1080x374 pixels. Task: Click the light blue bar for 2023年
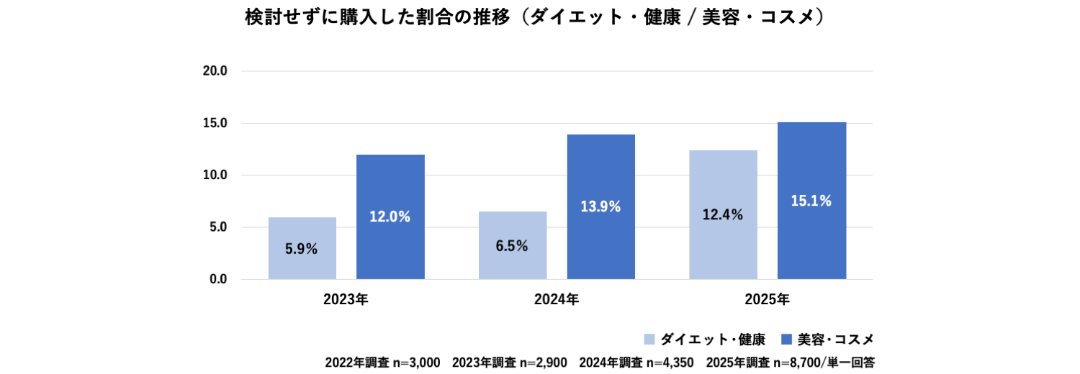click(302, 248)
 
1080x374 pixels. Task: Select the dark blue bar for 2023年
click(390, 216)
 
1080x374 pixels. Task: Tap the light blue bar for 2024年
click(513, 245)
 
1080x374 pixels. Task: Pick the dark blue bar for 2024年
click(600, 206)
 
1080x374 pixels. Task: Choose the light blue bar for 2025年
click(723, 214)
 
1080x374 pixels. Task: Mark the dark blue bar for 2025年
click(811, 201)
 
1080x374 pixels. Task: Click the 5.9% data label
click(301, 250)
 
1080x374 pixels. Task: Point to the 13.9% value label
click(600, 206)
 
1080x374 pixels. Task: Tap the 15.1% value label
click(811, 201)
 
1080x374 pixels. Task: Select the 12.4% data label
click(722, 214)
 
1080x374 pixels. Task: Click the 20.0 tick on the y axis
click(215, 71)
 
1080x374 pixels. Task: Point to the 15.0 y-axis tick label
click(215, 123)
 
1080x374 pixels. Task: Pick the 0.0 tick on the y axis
click(218, 279)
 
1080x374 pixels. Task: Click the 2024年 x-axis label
click(557, 299)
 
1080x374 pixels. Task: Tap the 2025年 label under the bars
click(768, 299)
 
